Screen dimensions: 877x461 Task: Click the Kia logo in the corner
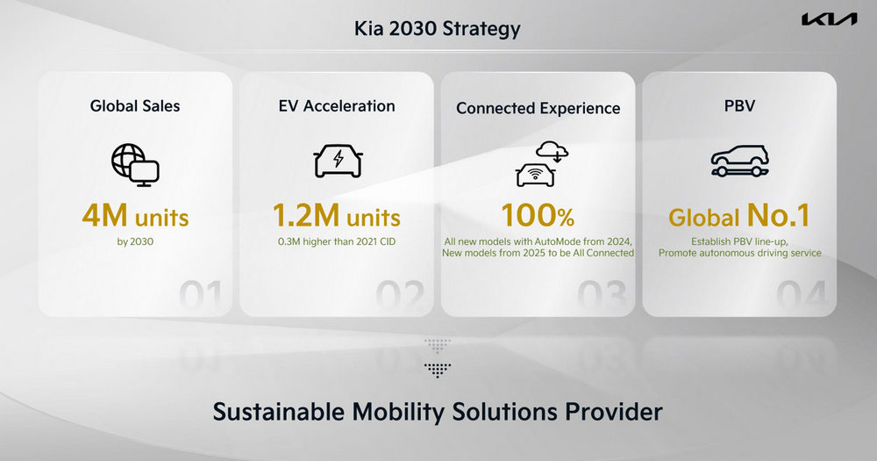point(829,19)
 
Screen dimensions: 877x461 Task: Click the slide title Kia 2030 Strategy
point(438,29)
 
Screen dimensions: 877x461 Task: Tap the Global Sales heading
point(135,106)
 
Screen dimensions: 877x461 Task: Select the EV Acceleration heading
point(337,106)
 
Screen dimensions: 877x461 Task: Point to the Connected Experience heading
point(538,108)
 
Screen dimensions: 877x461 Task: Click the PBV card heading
point(739,106)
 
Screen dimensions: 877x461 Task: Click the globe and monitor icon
point(135,165)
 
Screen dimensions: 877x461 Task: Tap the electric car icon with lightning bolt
point(338,161)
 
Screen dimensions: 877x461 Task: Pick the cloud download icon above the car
point(552,151)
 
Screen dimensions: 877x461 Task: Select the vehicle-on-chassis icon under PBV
point(739,162)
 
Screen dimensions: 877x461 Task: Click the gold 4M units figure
point(135,216)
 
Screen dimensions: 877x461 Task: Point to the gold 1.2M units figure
point(337,216)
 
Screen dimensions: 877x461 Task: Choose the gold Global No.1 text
point(739,216)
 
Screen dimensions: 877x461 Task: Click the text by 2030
point(135,242)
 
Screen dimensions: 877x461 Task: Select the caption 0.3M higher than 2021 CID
point(337,242)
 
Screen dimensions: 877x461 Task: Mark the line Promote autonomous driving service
point(739,253)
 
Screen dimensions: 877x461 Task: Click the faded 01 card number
point(201,295)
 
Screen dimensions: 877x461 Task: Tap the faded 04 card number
point(802,295)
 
